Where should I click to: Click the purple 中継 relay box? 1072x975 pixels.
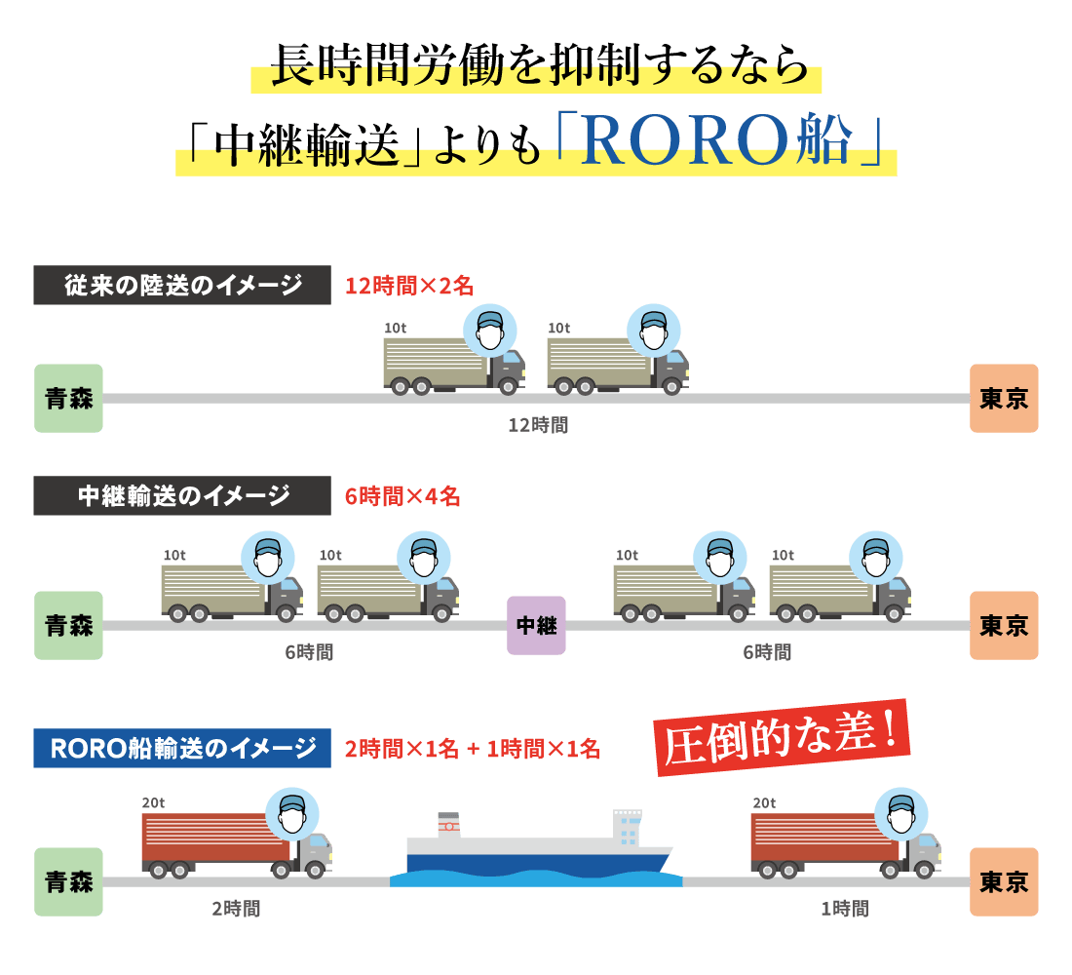click(536, 625)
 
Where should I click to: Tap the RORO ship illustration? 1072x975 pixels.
click(538, 846)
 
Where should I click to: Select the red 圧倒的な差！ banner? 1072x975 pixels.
click(784, 737)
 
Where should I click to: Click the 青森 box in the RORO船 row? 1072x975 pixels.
click(68, 881)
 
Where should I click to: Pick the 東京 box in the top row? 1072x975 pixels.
click(1004, 398)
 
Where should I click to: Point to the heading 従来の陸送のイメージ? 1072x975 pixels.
click(182, 286)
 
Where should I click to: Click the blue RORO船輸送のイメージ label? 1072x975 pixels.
click(182, 748)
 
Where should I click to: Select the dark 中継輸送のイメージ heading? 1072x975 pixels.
click(182, 496)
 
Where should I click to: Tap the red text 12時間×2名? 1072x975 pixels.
click(409, 286)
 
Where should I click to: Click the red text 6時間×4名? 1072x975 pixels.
click(402, 496)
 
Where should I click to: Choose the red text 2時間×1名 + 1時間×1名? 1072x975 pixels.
click(473, 749)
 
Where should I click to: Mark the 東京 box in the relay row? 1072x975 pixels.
click(1004, 625)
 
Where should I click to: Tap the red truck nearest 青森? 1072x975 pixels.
click(237, 838)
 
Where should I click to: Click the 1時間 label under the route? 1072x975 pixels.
click(844, 909)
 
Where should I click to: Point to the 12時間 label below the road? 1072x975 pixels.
click(538, 425)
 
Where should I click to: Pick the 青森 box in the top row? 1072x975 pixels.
click(68, 398)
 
